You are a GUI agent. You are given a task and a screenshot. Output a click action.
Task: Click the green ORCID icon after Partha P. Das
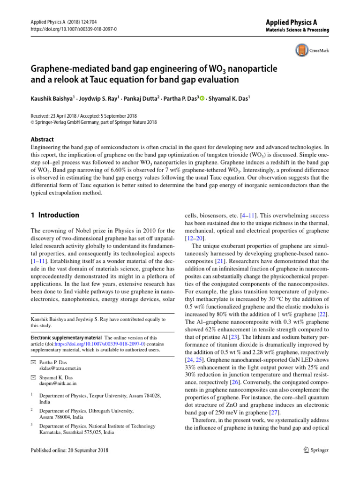click(x=202, y=98)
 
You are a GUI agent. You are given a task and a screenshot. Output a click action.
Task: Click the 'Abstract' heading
click(x=42, y=139)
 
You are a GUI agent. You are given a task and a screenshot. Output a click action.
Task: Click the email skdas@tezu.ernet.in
click(x=60, y=368)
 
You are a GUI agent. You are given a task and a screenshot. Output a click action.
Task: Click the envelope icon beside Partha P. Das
click(x=33, y=362)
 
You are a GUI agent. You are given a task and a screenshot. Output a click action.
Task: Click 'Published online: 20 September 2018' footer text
click(x=69, y=450)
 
